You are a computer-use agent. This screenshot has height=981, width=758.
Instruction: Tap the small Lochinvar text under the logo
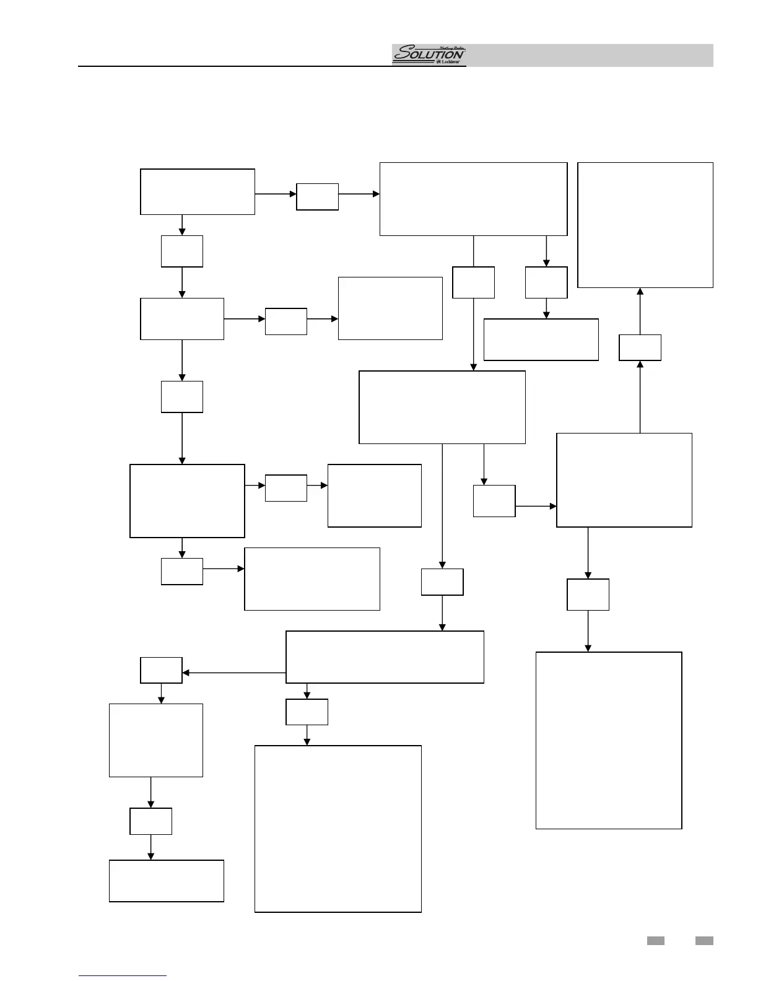[451, 63]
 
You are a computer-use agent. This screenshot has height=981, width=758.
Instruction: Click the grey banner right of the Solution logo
[588, 55]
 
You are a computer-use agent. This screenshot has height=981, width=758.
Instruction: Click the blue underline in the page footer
[123, 975]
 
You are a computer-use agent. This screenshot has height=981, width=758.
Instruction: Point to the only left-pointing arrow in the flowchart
[186, 673]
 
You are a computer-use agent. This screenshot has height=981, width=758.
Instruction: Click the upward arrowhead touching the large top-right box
[640, 292]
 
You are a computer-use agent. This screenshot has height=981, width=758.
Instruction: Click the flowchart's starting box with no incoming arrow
[198, 192]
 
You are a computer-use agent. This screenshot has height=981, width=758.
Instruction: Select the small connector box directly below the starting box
[182, 251]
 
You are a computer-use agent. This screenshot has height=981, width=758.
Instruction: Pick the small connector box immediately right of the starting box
[317, 196]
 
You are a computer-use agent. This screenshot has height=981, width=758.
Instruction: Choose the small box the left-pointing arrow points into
[161, 670]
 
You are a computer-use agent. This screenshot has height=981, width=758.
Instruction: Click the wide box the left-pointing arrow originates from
[385, 657]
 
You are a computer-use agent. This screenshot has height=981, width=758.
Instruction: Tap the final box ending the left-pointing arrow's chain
[166, 881]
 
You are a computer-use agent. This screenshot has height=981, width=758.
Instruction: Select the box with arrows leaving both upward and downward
[624, 480]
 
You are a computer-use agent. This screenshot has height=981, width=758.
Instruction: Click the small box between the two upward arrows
[640, 347]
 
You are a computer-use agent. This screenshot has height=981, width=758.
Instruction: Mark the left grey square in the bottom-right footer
[656, 941]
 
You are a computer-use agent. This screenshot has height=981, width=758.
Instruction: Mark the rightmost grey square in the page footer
[704, 941]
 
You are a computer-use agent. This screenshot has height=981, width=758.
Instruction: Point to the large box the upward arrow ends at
[645, 225]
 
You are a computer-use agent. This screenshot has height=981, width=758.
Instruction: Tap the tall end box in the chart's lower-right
[609, 740]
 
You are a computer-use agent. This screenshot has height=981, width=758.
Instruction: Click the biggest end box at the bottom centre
[338, 829]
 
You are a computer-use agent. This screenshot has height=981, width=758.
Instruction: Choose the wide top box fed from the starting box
[473, 199]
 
